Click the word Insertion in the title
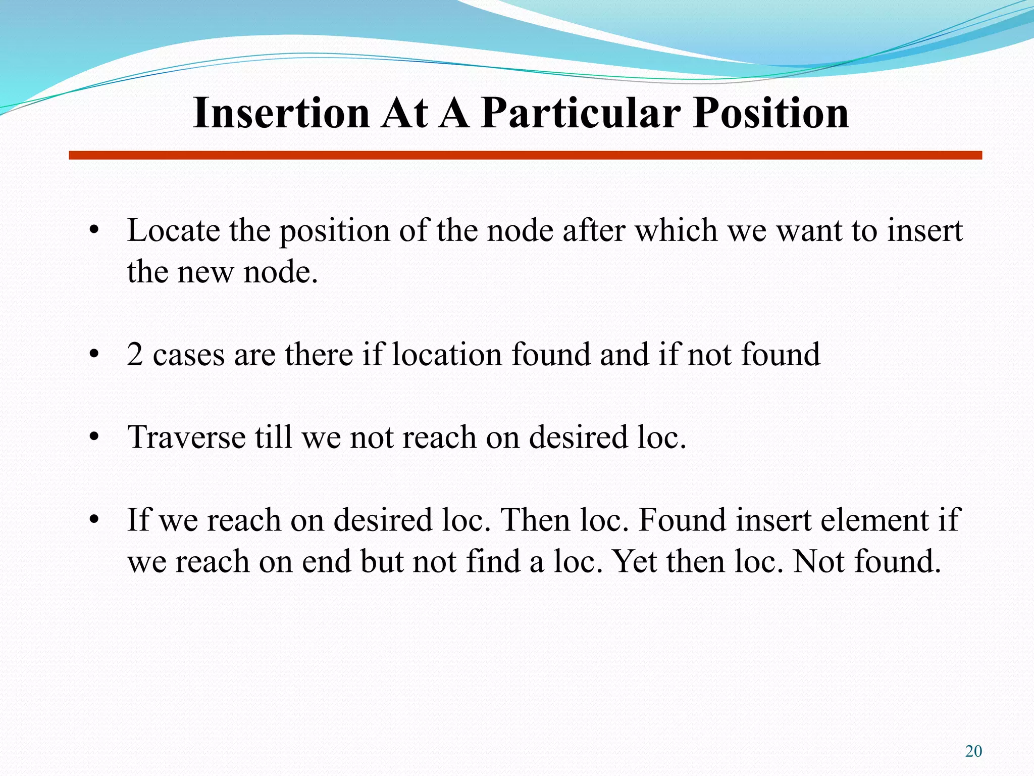[282, 113]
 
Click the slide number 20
[973, 751]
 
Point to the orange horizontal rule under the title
[525, 155]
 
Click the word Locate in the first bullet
[173, 231]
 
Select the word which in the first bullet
[676, 231]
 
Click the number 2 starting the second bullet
[135, 354]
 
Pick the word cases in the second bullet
[189, 354]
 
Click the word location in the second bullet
[447, 354]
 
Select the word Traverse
[186, 437]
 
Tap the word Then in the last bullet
[534, 520]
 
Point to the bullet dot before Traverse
[93, 437]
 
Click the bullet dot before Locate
[93, 231]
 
